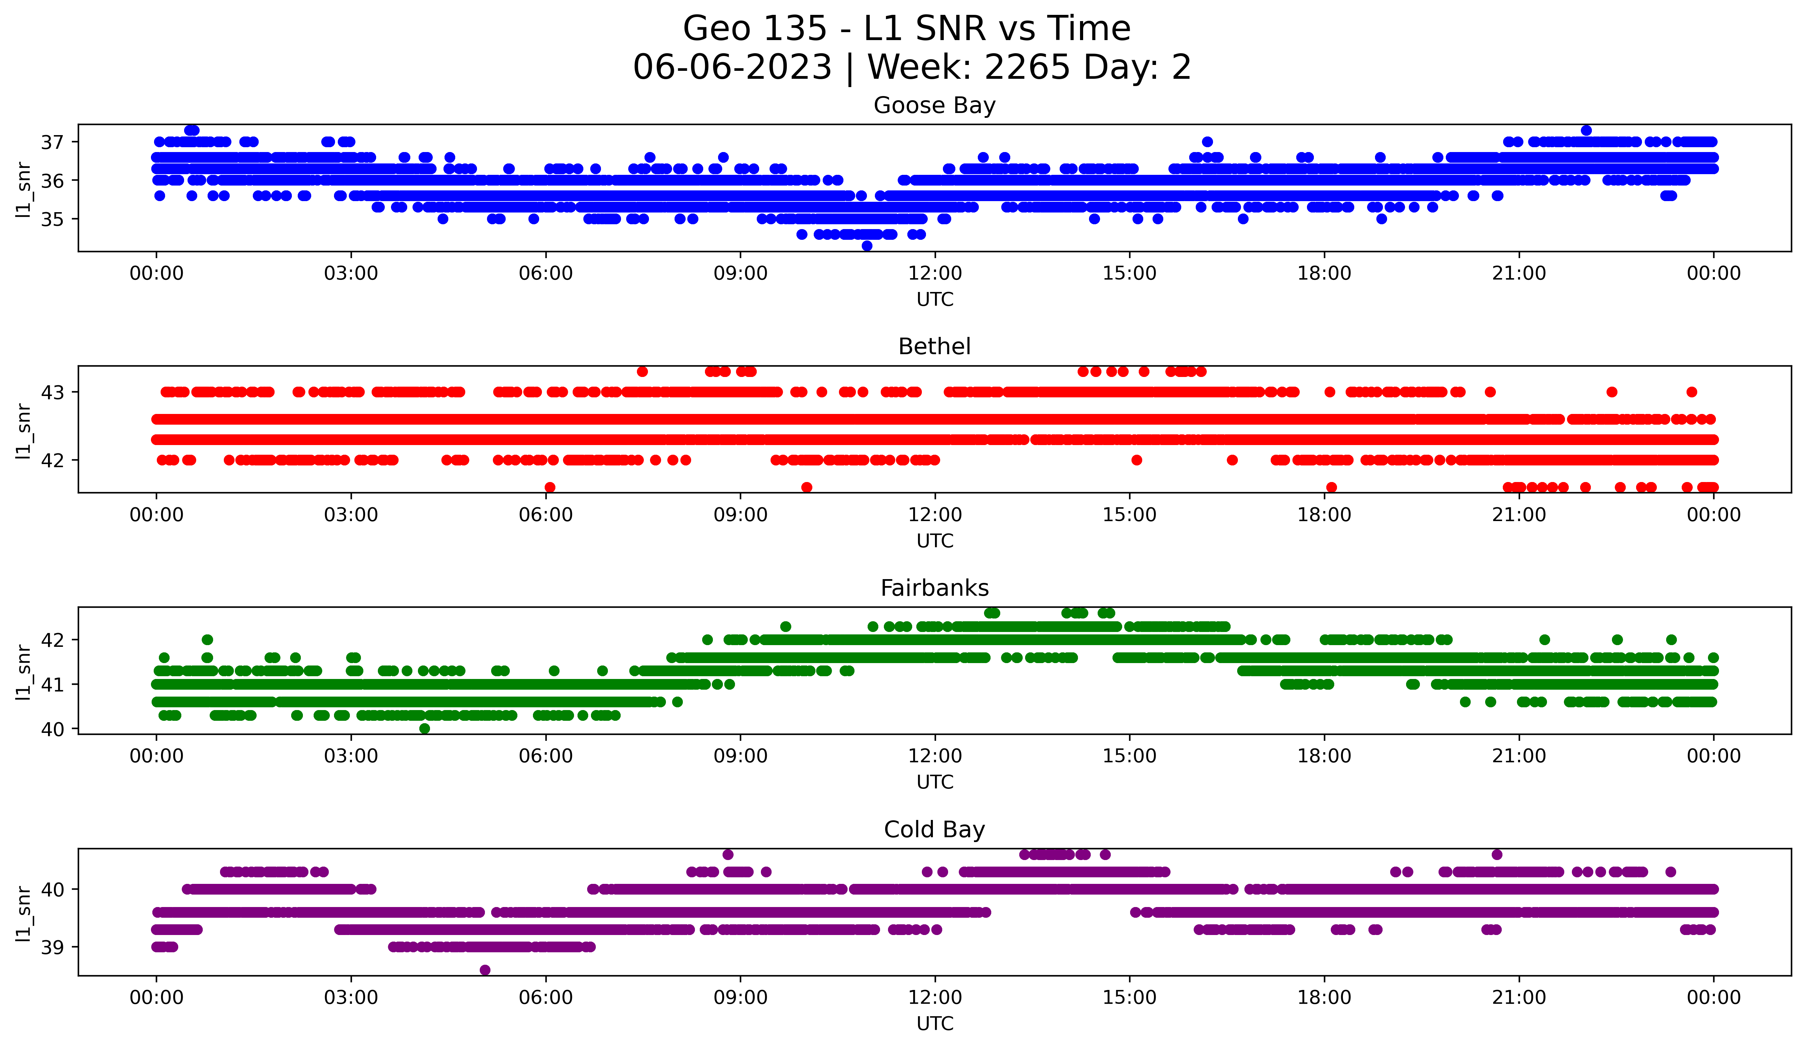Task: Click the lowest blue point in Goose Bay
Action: click(867, 246)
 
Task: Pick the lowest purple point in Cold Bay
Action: click(485, 970)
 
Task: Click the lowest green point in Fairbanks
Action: click(425, 728)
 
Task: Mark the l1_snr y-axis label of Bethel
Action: click(23, 430)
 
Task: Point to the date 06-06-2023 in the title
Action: click(732, 67)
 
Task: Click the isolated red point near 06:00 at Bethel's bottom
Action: click(550, 487)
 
